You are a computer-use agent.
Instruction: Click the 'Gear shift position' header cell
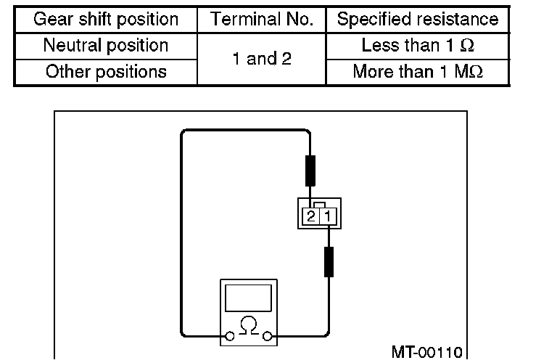click(x=106, y=20)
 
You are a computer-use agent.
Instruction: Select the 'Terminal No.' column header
click(x=262, y=20)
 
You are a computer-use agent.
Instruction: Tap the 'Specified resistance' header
click(x=418, y=20)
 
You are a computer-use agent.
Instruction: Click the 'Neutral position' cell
click(x=106, y=46)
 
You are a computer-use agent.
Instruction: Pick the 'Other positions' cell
click(x=106, y=72)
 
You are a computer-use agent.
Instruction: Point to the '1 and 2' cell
click(x=262, y=59)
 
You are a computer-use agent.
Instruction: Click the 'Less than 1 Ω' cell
click(x=418, y=46)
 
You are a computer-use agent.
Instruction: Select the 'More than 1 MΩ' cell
click(x=418, y=72)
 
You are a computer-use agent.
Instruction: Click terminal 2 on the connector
click(x=311, y=216)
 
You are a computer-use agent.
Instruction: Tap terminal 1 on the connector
click(x=326, y=216)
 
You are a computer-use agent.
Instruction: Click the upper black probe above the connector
click(x=310, y=170)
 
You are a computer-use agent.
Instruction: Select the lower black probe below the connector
click(x=329, y=261)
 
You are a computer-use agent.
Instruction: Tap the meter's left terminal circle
click(x=228, y=336)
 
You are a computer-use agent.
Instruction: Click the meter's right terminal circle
click(x=268, y=336)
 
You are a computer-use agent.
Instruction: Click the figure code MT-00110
click(x=426, y=352)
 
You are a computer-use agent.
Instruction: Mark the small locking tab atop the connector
click(x=319, y=204)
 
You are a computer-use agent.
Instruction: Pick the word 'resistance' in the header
click(x=456, y=20)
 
